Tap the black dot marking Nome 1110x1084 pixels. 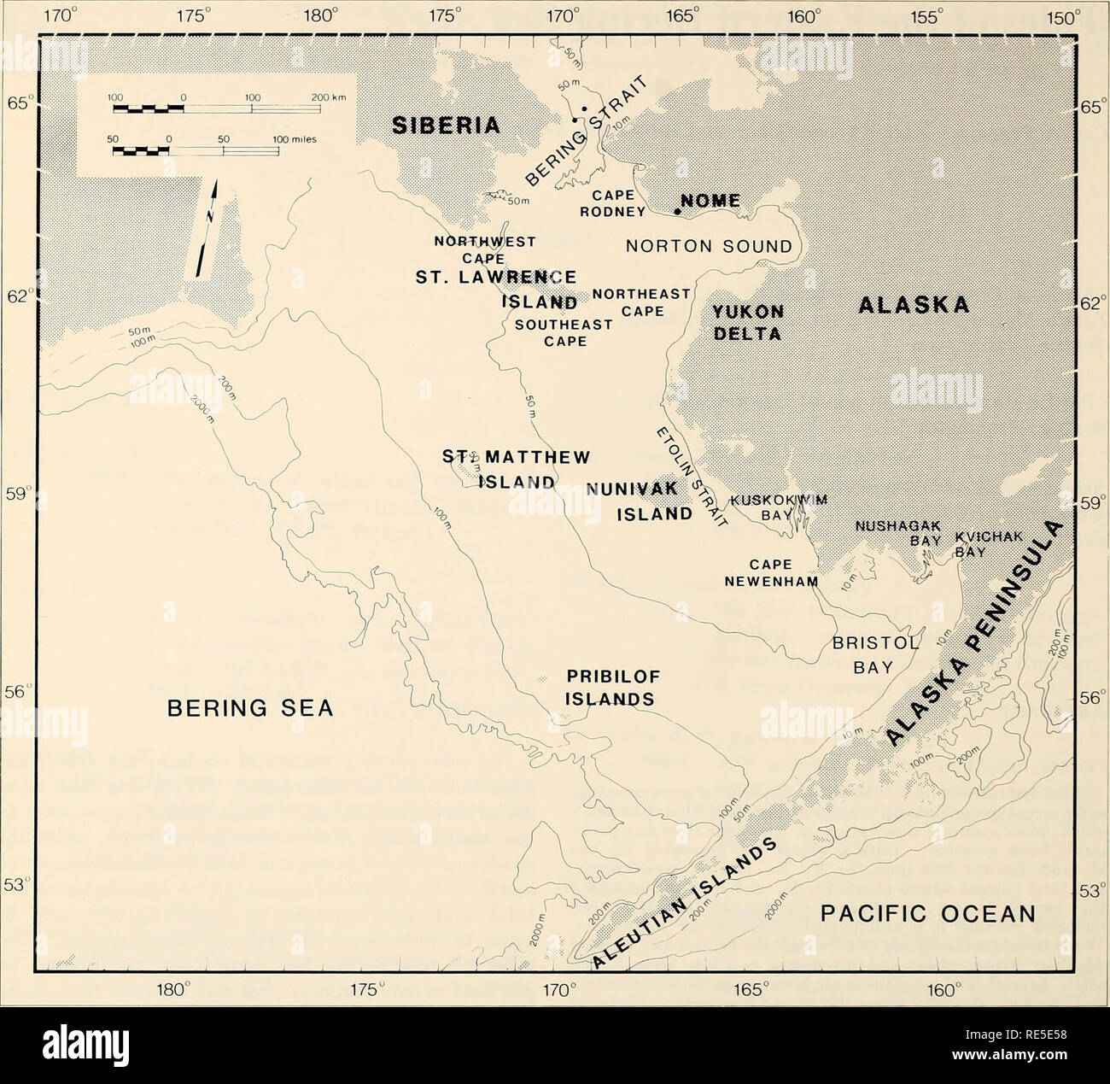pyautogui.click(x=678, y=211)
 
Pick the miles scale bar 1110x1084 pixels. pyautogui.click(x=196, y=151)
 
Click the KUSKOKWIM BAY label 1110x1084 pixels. pyautogui.click(x=768, y=507)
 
